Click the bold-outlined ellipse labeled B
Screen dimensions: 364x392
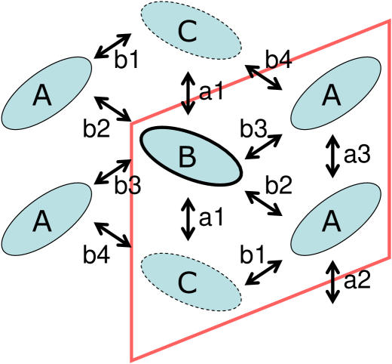click(191, 156)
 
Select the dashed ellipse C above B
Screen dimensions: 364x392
click(190, 31)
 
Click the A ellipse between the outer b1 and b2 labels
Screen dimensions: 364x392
click(46, 94)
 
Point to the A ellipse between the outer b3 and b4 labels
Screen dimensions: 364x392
click(46, 220)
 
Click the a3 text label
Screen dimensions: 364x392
click(357, 156)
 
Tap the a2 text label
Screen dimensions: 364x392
click(357, 281)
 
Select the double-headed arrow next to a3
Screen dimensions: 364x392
click(331, 156)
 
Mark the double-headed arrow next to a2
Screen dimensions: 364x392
click(332, 280)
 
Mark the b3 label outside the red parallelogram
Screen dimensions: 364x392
click(127, 185)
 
